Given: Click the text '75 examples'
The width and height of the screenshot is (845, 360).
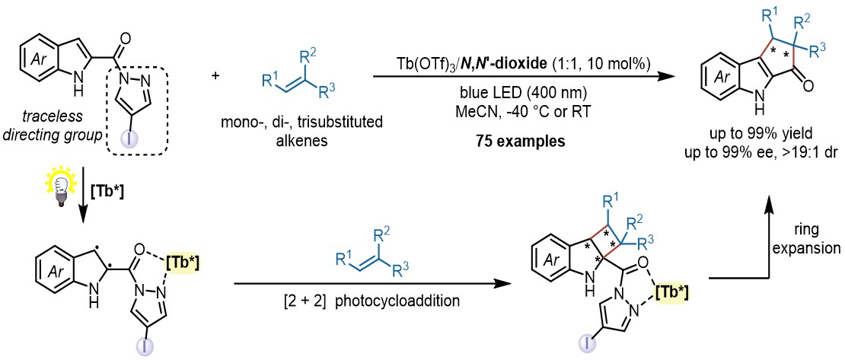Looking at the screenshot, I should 511,142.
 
